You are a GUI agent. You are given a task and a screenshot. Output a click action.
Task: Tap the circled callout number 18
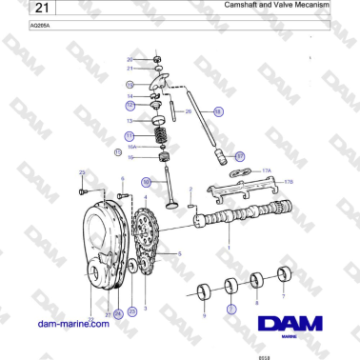(x=218, y=111)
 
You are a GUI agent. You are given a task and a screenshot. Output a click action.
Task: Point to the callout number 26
(x=188, y=111)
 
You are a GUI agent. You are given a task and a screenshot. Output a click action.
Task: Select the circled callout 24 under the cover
(x=118, y=312)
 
